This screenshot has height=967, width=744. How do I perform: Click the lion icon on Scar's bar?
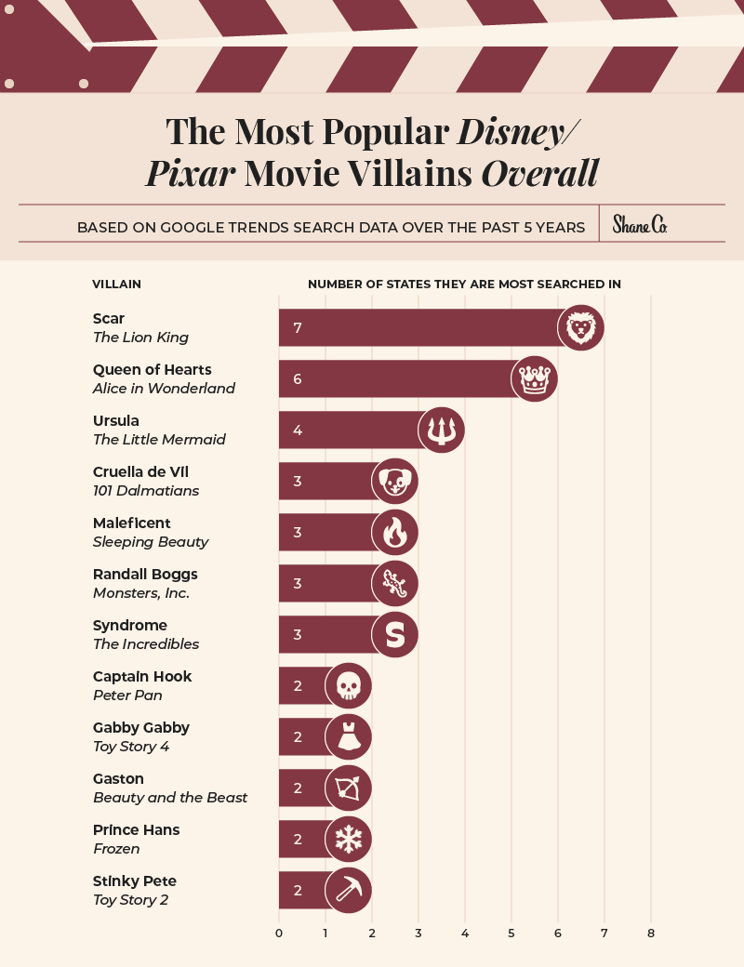click(x=581, y=327)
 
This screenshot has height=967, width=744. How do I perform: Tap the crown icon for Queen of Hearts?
click(x=535, y=378)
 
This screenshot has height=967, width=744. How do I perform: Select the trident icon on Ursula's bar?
click(x=442, y=430)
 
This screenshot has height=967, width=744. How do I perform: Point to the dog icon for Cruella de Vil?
click(x=395, y=481)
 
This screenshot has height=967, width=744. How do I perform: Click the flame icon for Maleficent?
click(x=395, y=532)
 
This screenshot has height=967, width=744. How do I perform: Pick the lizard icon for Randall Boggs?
click(x=395, y=583)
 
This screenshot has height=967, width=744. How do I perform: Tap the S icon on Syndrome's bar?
click(x=395, y=634)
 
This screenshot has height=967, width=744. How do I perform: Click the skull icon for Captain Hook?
click(x=349, y=685)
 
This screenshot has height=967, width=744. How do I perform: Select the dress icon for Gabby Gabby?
click(x=349, y=736)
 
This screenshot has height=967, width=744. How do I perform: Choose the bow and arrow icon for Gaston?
click(x=349, y=788)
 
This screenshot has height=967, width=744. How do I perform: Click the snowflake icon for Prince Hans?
click(x=349, y=839)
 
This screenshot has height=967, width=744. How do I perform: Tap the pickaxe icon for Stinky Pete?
click(x=349, y=890)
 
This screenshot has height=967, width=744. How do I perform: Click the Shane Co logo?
click(x=640, y=225)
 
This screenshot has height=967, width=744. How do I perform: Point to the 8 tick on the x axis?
click(x=651, y=933)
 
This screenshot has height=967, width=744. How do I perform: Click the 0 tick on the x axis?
click(x=279, y=933)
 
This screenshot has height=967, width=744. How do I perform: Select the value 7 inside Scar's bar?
click(x=298, y=328)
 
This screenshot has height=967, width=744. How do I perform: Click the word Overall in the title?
click(x=539, y=174)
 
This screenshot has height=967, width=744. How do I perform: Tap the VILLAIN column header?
click(x=117, y=284)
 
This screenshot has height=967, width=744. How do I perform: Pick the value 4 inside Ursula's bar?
click(x=298, y=431)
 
